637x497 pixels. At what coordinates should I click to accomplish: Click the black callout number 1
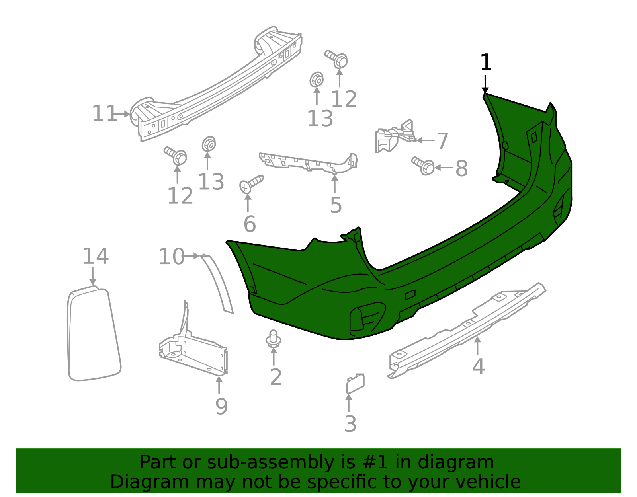click(x=486, y=63)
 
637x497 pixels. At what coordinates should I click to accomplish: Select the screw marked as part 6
click(x=251, y=184)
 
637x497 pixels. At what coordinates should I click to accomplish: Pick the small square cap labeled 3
click(x=355, y=384)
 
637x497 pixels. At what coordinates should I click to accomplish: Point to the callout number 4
click(x=478, y=366)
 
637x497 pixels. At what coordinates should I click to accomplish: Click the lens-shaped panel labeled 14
click(x=94, y=334)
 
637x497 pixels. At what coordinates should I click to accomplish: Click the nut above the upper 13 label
click(x=317, y=80)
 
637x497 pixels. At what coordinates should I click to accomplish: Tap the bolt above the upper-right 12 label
click(x=337, y=59)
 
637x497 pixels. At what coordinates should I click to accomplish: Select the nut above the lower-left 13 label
click(x=209, y=144)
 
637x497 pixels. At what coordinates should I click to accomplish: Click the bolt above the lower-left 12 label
click(x=176, y=156)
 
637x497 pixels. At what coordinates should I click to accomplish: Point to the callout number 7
click(x=443, y=141)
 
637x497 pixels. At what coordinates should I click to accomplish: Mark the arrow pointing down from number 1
click(x=485, y=84)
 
